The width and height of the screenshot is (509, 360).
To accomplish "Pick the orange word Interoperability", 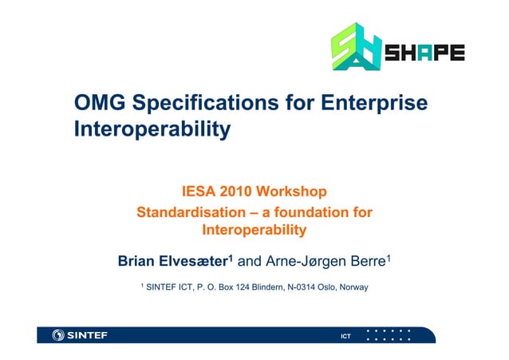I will [x=254, y=231].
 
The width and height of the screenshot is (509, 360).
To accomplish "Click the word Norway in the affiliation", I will [x=353, y=286].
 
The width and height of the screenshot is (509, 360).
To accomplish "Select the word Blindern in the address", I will [x=265, y=286].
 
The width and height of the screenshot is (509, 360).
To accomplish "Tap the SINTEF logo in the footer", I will [x=79, y=334].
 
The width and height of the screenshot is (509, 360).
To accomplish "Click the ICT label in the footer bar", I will [x=345, y=335].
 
